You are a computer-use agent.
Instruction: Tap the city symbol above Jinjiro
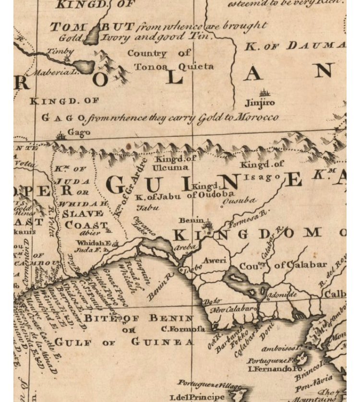pyautogui.click(x=263, y=93)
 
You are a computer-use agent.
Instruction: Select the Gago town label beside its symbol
pyautogui.click(x=79, y=132)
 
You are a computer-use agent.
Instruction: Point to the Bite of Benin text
pyautogui.click(x=139, y=318)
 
